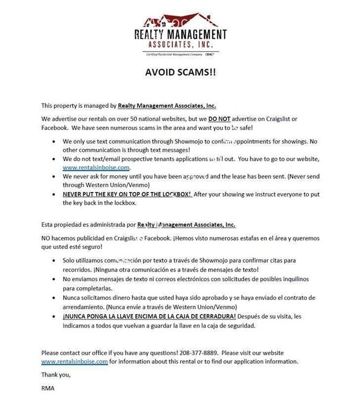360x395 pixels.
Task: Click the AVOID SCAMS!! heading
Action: click(181, 72)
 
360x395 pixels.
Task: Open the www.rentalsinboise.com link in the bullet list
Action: click(96, 167)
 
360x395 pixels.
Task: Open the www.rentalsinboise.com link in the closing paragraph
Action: click(74, 361)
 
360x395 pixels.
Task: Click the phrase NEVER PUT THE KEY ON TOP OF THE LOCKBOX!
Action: click(127, 194)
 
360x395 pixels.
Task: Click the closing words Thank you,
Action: click(56, 375)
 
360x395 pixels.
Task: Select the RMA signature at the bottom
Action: click(48, 388)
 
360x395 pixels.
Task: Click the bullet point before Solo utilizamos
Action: click(53, 260)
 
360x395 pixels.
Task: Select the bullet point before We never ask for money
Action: click(53, 176)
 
